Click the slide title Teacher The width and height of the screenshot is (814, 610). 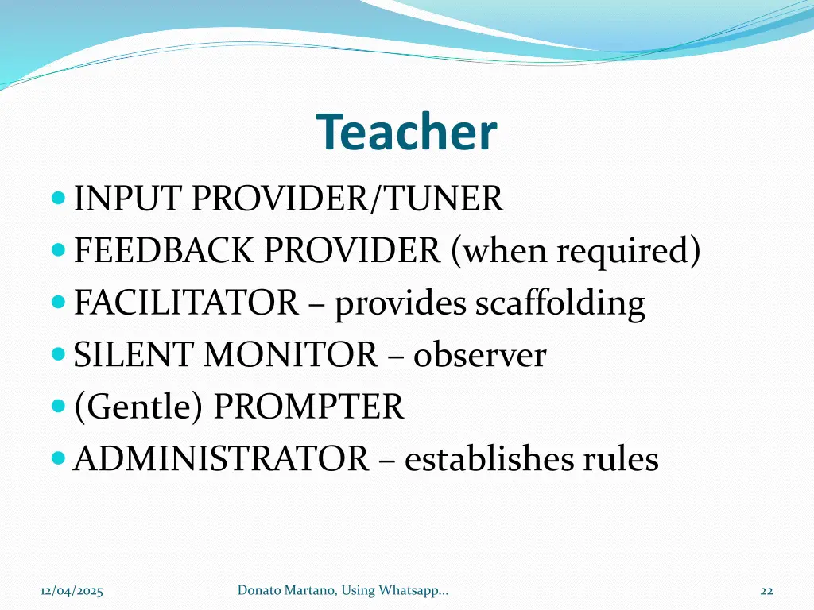pos(406,133)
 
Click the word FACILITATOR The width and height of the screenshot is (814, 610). pos(186,303)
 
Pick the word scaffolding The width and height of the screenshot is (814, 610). pos(560,304)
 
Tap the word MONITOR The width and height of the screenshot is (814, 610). pos(291,355)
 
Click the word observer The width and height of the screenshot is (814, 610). pos(479,355)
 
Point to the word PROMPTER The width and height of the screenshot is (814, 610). pos(309,407)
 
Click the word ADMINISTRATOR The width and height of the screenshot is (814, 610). pos(221,459)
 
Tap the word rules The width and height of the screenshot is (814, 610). pos(620,459)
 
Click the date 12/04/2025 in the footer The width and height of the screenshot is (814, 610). pos(72,590)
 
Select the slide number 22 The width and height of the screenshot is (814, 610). pos(766,590)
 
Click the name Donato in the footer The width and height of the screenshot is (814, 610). pos(258,589)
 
